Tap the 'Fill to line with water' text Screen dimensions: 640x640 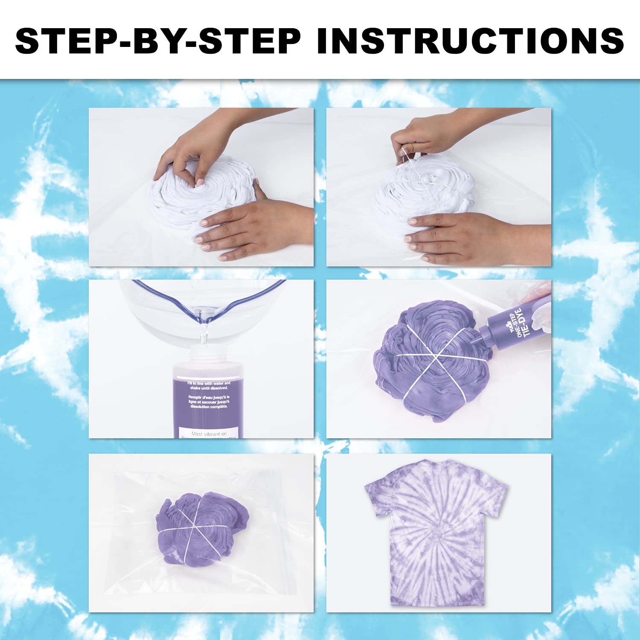click(x=209, y=386)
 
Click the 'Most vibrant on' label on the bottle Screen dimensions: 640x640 click(x=209, y=433)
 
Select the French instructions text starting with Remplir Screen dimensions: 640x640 click(x=209, y=401)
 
